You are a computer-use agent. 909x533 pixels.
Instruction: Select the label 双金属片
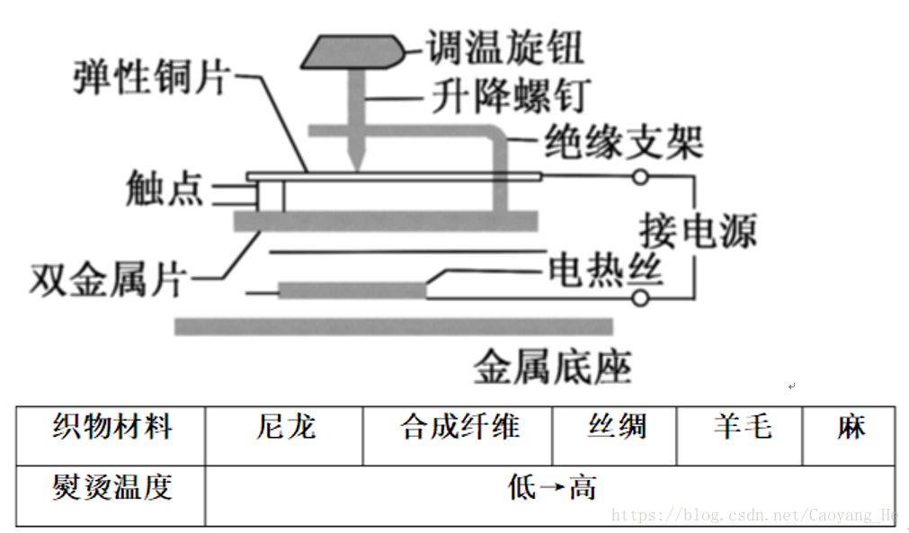point(107,281)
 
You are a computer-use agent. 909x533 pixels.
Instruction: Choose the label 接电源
point(698,232)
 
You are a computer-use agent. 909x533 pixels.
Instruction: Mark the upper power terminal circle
point(640,177)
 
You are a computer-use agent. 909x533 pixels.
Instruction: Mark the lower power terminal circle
point(640,298)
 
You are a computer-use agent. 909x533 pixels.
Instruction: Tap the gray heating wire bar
point(351,290)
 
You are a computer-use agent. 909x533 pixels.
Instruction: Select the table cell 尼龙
point(285,427)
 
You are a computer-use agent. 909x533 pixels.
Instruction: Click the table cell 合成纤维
point(459,427)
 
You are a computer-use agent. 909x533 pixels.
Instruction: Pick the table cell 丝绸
point(616,427)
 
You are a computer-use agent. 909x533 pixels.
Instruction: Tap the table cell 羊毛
point(741,427)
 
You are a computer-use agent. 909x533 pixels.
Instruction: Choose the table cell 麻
point(851,427)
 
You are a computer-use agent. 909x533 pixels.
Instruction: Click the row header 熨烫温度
point(111,488)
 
